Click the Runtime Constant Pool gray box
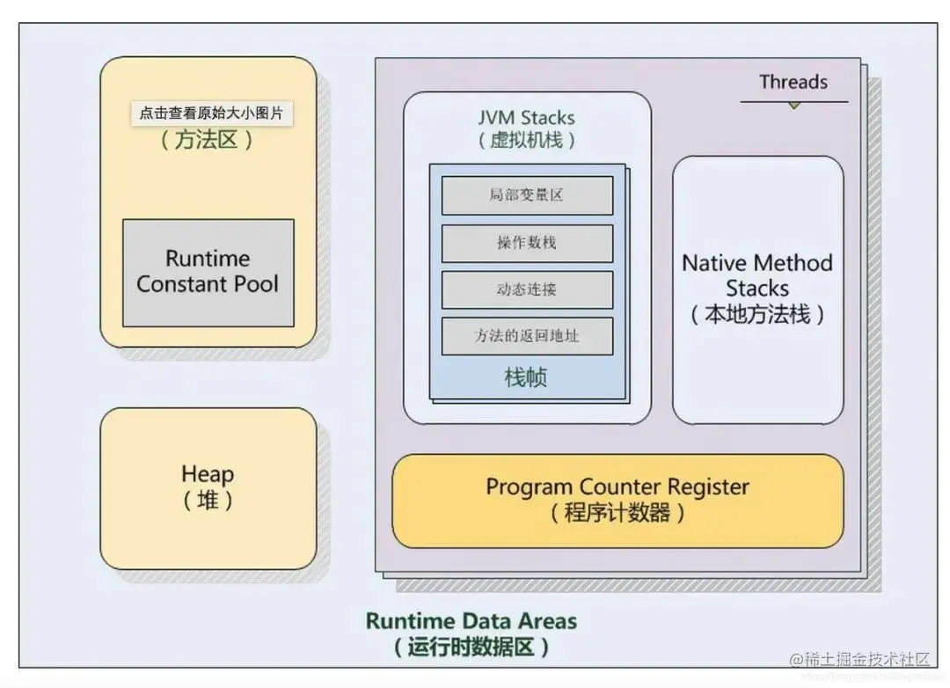tap(208, 273)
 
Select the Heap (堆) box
tap(208, 488)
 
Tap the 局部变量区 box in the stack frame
tap(526, 195)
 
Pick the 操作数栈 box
tap(526, 243)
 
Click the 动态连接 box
tap(526, 289)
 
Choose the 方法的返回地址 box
tap(526, 336)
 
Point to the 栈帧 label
tap(526, 378)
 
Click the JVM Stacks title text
tap(526, 118)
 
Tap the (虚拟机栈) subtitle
tap(526, 140)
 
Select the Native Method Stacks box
tap(757, 290)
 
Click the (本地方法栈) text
tap(757, 315)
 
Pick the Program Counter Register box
tap(617, 500)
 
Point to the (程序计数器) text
tap(617, 513)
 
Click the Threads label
tap(793, 83)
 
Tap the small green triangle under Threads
tap(793, 106)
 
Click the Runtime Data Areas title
tap(471, 621)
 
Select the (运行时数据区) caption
tap(471, 648)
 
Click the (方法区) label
tap(208, 140)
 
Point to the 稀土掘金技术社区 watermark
tap(866, 659)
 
